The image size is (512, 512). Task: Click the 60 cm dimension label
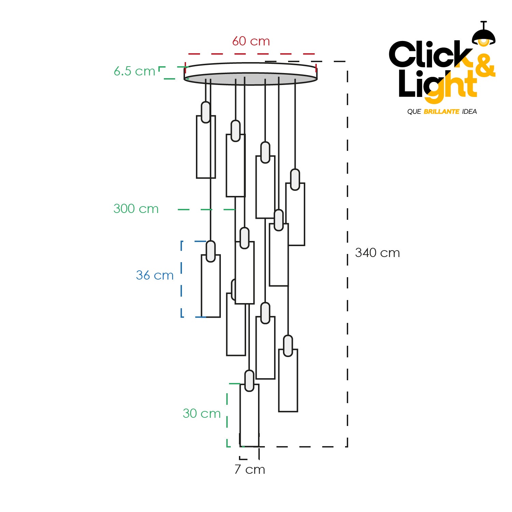pos(251,41)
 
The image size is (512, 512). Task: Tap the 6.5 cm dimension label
pos(134,71)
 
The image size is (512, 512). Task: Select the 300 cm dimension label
pos(136,209)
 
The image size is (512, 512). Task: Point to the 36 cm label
pos(155,275)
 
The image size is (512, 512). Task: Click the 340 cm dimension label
pos(377,253)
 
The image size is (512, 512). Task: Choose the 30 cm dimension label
pos(201,413)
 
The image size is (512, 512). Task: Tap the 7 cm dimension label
pos(250,469)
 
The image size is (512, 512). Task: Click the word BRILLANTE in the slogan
pos(441,112)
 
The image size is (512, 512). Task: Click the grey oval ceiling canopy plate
pos(251,79)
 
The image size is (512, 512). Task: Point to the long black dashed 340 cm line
pos(347,254)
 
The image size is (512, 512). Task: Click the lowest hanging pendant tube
pos(250,415)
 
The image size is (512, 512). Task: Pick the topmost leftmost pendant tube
pos(206,147)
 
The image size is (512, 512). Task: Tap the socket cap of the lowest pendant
pos(250,381)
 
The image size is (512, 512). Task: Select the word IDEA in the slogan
pos(469,112)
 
